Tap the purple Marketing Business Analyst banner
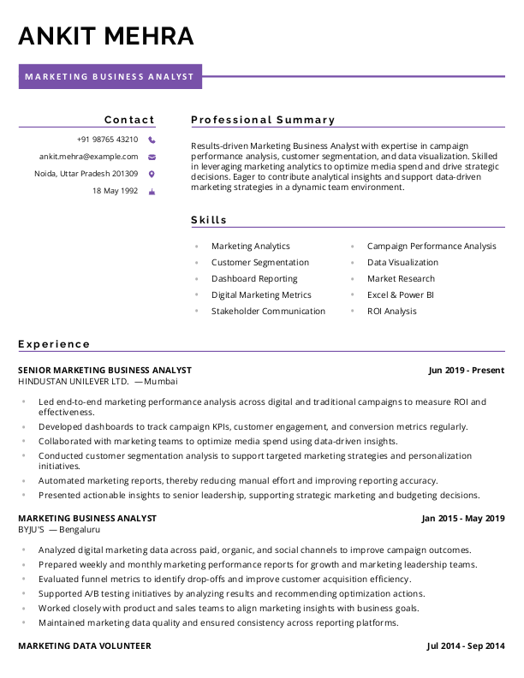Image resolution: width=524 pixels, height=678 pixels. click(x=110, y=77)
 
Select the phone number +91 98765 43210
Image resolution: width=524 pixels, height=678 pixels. click(x=107, y=140)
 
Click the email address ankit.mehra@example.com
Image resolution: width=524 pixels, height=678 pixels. click(x=88, y=157)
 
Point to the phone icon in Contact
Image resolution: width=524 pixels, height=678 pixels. click(x=152, y=140)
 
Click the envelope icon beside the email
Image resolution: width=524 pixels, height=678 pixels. click(x=152, y=157)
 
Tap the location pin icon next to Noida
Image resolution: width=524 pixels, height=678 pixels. click(x=152, y=174)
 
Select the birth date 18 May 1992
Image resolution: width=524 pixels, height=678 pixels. click(x=115, y=191)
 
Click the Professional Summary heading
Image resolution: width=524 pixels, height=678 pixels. click(x=263, y=120)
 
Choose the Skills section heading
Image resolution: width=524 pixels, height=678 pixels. click(x=209, y=220)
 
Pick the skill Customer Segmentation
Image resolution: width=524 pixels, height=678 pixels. click(x=260, y=263)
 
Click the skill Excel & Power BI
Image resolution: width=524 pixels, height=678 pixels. click(x=401, y=295)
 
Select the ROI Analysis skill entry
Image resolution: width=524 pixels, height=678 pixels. click(x=392, y=312)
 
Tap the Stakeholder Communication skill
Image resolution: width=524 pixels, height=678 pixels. click(x=268, y=312)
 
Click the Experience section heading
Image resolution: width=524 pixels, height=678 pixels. click(x=54, y=344)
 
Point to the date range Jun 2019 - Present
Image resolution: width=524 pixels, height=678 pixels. click(x=467, y=371)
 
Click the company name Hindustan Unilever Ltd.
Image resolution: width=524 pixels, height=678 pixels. click(x=73, y=381)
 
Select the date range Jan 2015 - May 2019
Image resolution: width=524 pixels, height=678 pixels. click(x=463, y=519)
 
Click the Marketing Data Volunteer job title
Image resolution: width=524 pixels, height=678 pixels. click(x=85, y=645)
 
